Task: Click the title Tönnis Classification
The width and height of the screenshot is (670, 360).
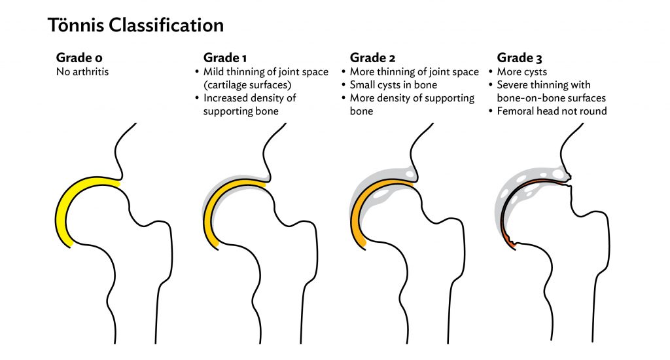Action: pyautogui.click(x=135, y=26)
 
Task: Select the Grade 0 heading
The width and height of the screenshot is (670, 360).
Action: pyautogui.click(x=79, y=58)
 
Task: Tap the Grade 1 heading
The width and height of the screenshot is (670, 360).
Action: pyautogui.click(x=225, y=58)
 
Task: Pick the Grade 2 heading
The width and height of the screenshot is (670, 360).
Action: pyautogui.click(x=372, y=58)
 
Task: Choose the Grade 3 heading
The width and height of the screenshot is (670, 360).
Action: pyautogui.click(x=520, y=58)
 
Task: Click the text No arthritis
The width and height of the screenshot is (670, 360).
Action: pyautogui.click(x=82, y=71)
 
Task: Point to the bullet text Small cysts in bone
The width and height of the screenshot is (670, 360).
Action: pyautogui.click(x=393, y=84)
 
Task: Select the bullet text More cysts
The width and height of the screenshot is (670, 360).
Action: pyautogui.click(x=521, y=72)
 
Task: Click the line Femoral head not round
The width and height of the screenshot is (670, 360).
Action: pyautogui.click(x=552, y=111)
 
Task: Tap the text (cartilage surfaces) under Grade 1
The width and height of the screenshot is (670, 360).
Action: pyautogui.click(x=247, y=85)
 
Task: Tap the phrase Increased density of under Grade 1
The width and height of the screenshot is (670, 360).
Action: pyautogui.click(x=249, y=98)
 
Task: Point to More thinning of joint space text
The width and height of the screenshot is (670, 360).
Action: pyautogui.click(x=414, y=72)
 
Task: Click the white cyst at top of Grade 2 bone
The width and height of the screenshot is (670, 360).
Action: pyautogui.click(x=410, y=174)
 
